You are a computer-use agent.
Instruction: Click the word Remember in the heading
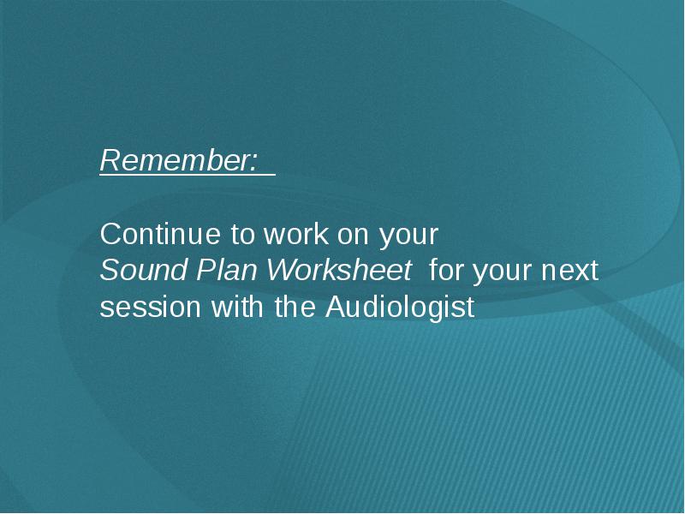[176, 160]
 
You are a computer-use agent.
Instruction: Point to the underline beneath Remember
[188, 176]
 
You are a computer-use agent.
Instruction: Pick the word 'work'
[295, 234]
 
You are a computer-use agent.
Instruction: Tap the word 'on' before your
[353, 236]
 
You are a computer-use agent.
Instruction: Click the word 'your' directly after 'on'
[408, 237]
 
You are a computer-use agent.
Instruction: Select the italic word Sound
[144, 270]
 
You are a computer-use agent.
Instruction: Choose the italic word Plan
[226, 270]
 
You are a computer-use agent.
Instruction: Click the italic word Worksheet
[339, 270]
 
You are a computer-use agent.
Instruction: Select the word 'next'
[569, 271]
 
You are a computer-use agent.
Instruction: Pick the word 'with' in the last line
[238, 306]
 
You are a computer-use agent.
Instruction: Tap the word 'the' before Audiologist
[295, 306]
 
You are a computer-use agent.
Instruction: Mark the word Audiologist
[400, 308]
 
